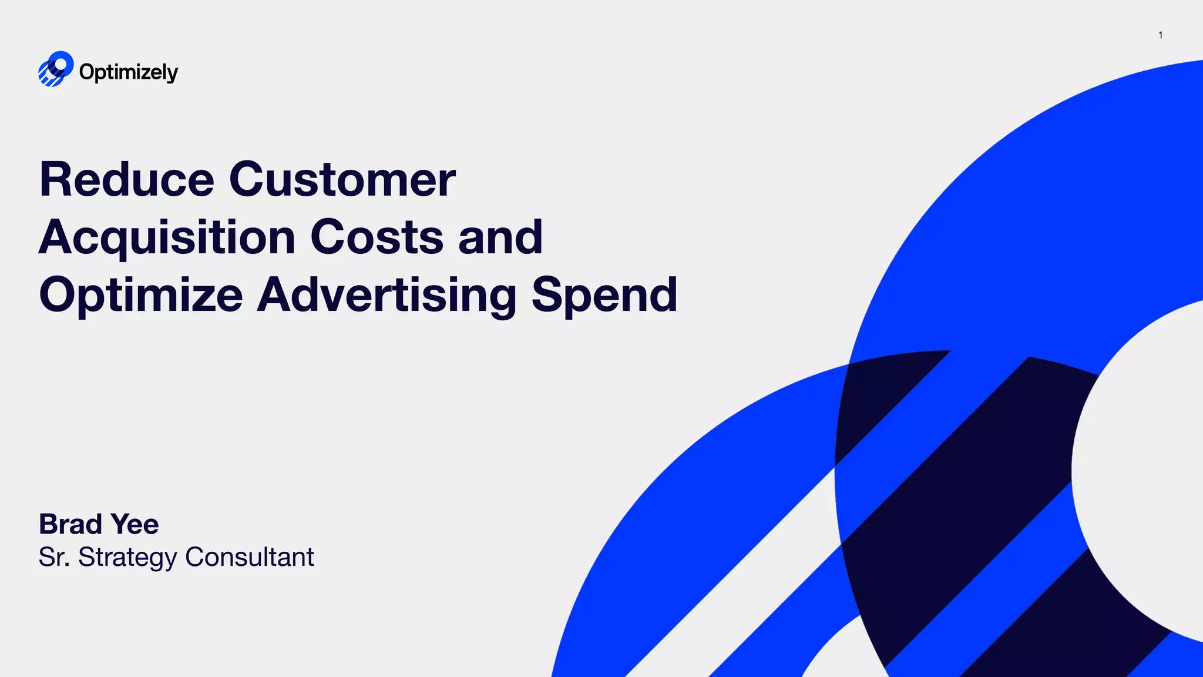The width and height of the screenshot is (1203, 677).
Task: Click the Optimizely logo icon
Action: click(56, 69)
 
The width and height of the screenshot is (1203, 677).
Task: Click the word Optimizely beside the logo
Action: click(128, 72)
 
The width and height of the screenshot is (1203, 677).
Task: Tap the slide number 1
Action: click(1160, 35)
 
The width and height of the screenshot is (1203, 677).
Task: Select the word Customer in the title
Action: click(342, 179)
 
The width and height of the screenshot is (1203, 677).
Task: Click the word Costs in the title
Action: click(377, 237)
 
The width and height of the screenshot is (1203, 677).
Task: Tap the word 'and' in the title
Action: click(500, 237)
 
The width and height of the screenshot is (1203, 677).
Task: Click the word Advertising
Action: click(387, 296)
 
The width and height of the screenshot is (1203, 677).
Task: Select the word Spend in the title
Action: click(604, 296)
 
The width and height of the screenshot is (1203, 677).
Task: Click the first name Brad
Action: click(70, 524)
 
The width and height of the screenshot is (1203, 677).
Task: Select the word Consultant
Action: click(250, 557)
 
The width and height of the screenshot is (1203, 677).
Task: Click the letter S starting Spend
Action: click(546, 294)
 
